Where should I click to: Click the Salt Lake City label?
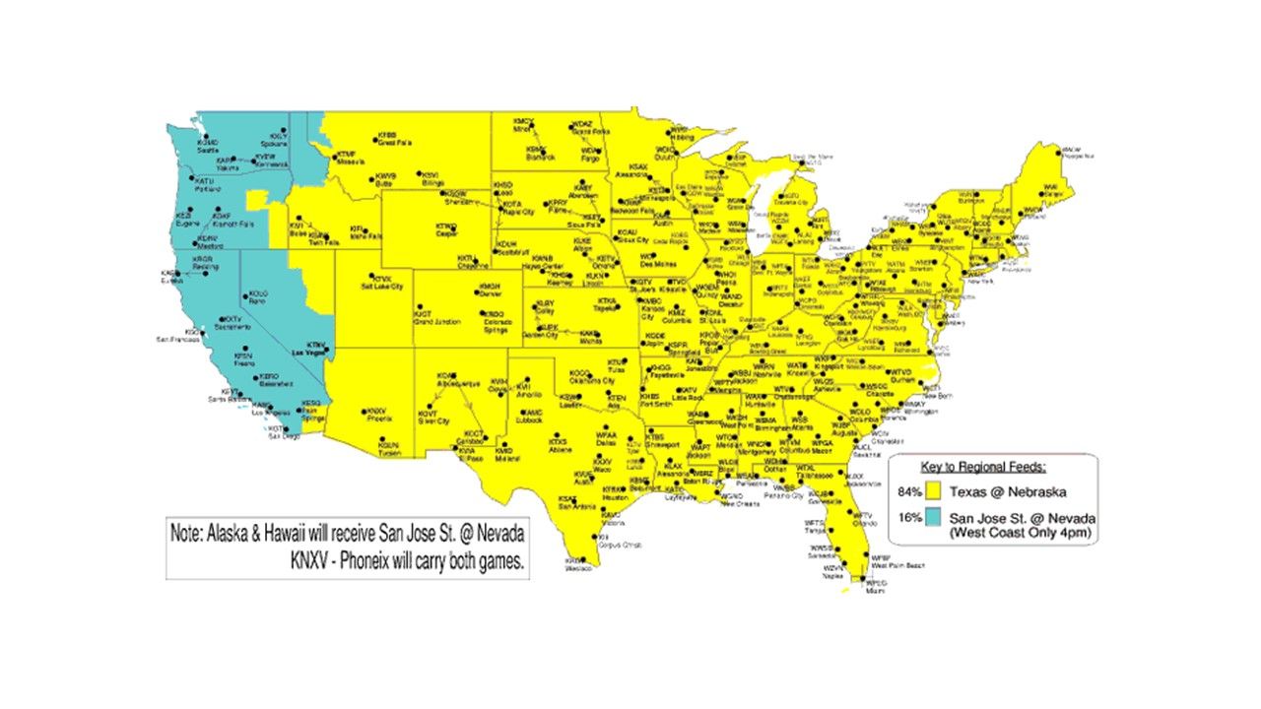[383, 287]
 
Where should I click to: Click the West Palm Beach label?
[898, 566]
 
